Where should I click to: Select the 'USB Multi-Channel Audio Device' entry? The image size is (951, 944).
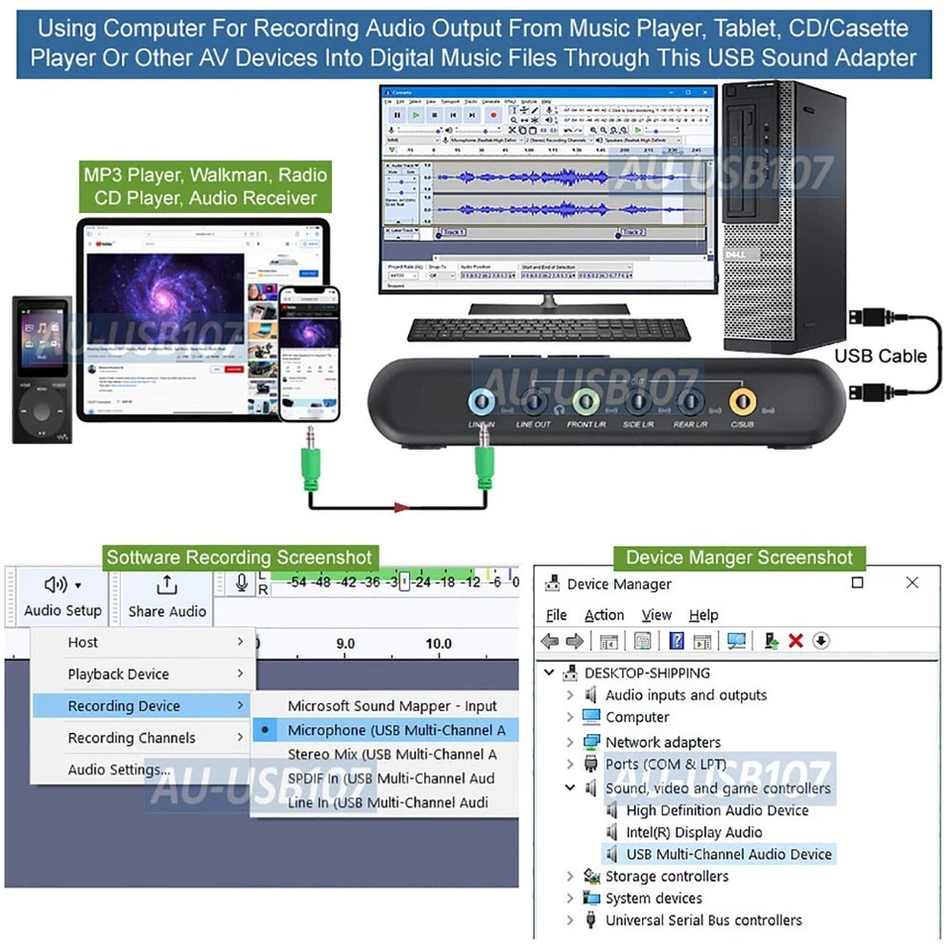(x=728, y=854)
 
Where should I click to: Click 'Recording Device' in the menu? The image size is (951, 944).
(x=124, y=706)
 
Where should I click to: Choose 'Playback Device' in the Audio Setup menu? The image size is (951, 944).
(x=119, y=675)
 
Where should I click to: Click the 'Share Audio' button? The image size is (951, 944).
(x=167, y=597)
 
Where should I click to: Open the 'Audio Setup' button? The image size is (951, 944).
(x=62, y=597)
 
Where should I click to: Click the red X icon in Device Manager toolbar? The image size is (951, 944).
(x=795, y=641)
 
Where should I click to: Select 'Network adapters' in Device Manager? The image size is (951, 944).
(x=663, y=742)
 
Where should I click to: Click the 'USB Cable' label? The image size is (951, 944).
(x=880, y=356)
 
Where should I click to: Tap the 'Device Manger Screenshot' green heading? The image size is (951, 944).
(x=739, y=558)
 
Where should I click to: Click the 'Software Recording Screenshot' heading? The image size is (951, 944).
(x=240, y=558)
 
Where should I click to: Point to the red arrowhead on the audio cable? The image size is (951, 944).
(x=401, y=508)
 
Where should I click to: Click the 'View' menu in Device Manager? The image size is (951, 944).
(x=656, y=615)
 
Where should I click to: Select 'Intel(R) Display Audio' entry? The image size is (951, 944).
(x=693, y=832)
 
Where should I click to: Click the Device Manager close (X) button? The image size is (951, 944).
(x=912, y=582)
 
